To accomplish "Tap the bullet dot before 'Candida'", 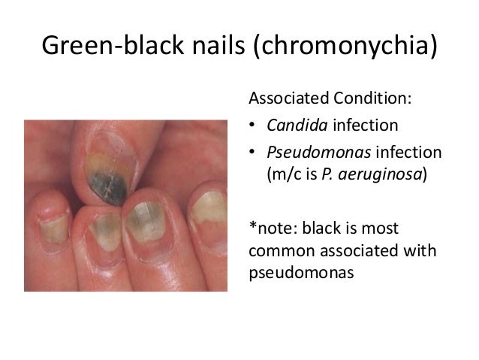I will click(252, 125).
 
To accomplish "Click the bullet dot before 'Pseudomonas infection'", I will click(252, 152).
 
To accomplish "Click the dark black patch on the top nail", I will click(108, 181).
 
